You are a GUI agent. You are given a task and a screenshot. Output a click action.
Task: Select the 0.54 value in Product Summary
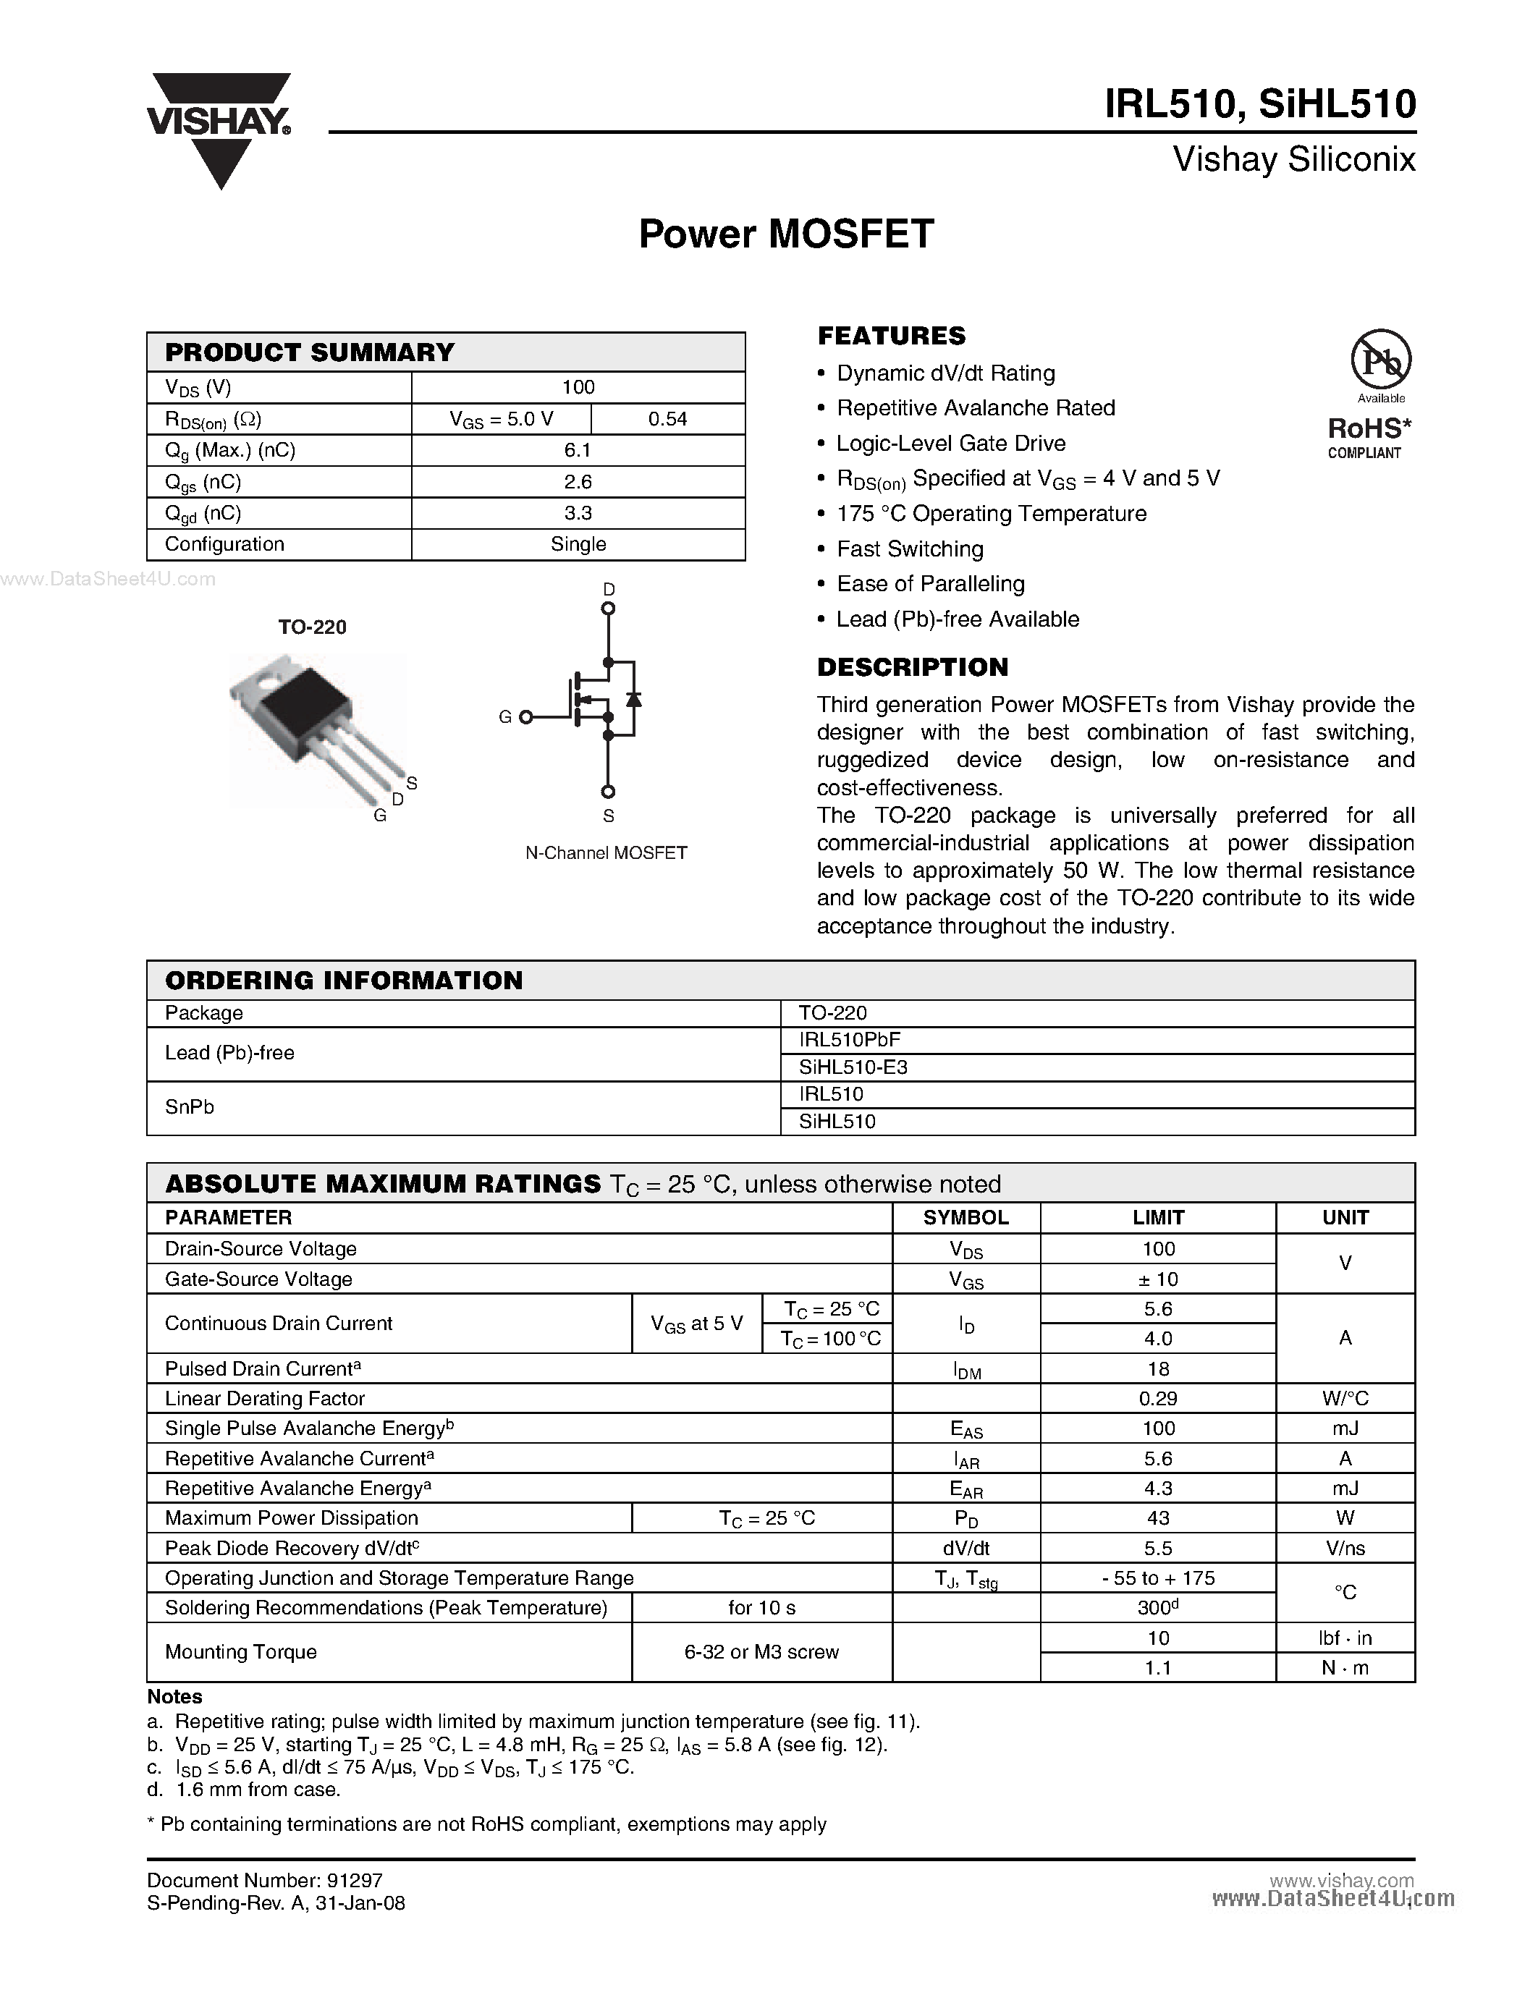pos(667,419)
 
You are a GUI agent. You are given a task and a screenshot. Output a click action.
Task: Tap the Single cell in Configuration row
pos(578,544)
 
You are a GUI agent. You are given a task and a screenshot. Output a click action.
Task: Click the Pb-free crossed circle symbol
pos(1380,360)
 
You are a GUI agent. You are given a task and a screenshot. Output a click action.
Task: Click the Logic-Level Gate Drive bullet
pos(950,443)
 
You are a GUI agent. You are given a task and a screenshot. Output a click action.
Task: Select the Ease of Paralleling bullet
pos(930,583)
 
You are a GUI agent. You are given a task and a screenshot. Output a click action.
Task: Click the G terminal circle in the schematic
pos(525,717)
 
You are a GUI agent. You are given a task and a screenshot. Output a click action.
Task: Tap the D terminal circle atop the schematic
pos(609,608)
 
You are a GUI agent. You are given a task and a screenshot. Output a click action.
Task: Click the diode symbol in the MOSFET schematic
pos(633,699)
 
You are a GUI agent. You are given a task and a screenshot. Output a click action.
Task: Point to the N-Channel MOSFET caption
pos(606,853)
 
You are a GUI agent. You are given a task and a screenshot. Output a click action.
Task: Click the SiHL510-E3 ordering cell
pos(853,1067)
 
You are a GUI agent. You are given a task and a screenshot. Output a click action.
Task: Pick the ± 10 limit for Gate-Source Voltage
pos(1157,1279)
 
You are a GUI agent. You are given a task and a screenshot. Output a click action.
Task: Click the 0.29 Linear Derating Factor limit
pos(1157,1399)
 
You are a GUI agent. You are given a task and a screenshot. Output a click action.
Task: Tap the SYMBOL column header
pos(965,1218)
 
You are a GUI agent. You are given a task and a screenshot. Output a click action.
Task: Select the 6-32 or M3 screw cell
pos(761,1652)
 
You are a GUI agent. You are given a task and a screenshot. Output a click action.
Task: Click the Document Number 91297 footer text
pos(264,1881)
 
